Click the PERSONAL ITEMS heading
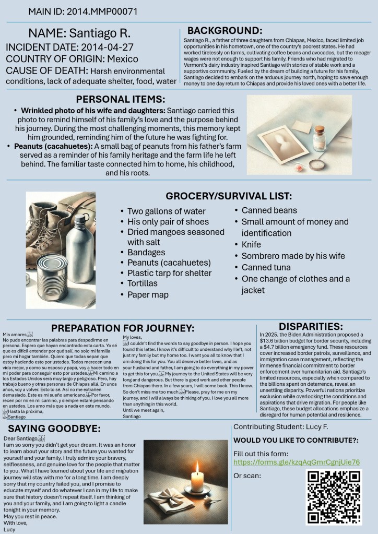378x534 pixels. coord(121,99)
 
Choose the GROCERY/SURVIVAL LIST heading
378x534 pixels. coord(229,196)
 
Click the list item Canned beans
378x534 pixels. coord(269,210)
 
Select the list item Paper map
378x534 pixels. coord(148,295)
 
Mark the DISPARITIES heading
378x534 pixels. coord(311,326)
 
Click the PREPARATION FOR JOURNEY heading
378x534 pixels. coord(122,328)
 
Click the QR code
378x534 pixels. coord(334,490)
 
